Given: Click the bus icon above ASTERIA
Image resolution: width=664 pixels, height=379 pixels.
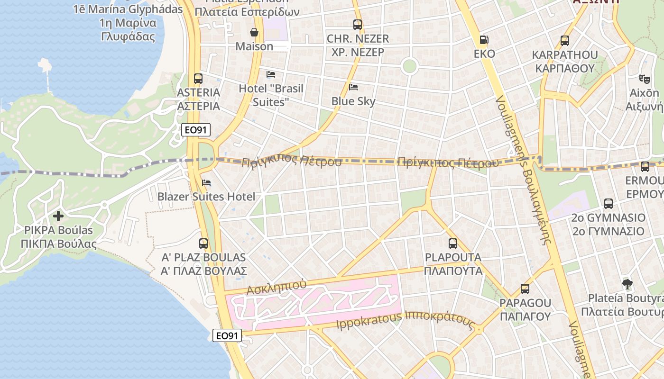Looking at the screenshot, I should pyautogui.click(x=198, y=79).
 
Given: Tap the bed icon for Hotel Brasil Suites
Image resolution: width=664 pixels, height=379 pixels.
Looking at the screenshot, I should pyautogui.click(x=271, y=74).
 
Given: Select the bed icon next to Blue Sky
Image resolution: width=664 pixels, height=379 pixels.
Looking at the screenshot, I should pyautogui.click(x=353, y=87).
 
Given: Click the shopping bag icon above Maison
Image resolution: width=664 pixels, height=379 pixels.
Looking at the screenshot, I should pyautogui.click(x=255, y=32).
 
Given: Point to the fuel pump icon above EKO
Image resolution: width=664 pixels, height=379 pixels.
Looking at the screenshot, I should pyautogui.click(x=484, y=40).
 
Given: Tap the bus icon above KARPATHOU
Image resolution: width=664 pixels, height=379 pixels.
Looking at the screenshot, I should pyautogui.click(x=564, y=41).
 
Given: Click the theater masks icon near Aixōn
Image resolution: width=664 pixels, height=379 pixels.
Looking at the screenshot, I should pyautogui.click(x=644, y=79).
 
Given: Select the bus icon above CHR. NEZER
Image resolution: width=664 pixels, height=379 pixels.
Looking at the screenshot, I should pyautogui.click(x=358, y=25).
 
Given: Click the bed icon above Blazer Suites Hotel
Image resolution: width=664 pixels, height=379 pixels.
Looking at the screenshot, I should pyautogui.click(x=206, y=183).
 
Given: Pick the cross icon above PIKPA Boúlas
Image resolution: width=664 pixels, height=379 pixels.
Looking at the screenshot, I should pyautogui.click(x=58, y=216).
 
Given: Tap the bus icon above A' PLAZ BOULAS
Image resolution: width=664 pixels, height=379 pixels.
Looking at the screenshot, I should pyautogui.click(x=203, y=244).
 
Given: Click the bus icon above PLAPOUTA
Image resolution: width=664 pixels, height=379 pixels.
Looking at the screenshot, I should pyautogui.click(x=453, y=244).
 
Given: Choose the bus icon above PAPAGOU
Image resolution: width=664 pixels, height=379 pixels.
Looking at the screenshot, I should pyautogui.click(x=525, y=289).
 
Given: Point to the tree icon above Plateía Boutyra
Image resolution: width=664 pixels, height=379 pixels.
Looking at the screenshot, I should pyautogui.click(x=627, y=284).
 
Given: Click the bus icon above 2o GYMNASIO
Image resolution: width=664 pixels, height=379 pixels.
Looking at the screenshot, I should pyautogui.click(x=609, y=204).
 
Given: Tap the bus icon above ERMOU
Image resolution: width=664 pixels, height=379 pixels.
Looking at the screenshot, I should pyautogui.click(x=645, y=167).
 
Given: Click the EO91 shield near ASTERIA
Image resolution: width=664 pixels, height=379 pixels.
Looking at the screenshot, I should pyautogui.click(x=196, y=130).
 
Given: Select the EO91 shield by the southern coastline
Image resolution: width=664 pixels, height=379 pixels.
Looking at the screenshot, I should pyautogui.click(x=227, y=336).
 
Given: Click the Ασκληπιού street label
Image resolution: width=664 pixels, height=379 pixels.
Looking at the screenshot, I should pyautogui.click(x=277, y=287).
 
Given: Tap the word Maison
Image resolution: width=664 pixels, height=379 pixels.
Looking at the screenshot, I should pyautogui.click(x=255, y=46).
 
